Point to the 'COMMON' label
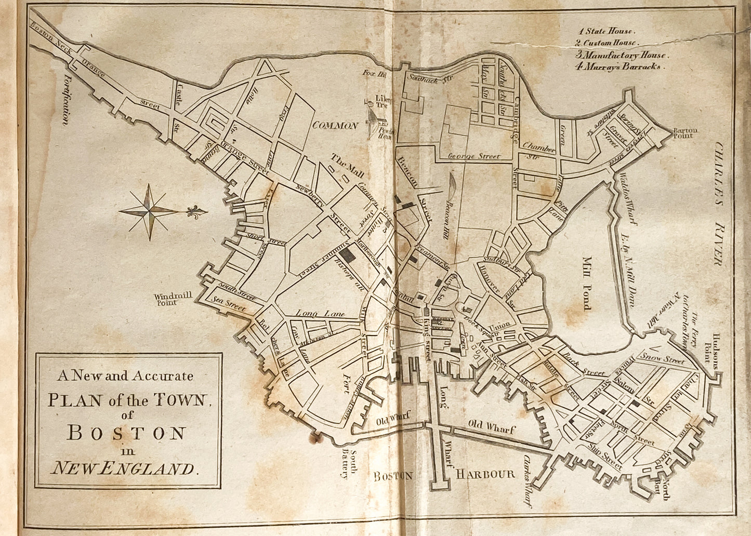pyautogui.click(x=335, y=126)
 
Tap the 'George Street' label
pyautogui.click(x=473, y=156)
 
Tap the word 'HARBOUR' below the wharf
pyautogui.click(x=485, y=474)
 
